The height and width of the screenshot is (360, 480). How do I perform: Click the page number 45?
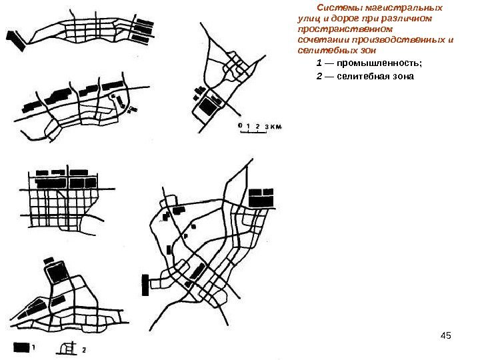[446, 335]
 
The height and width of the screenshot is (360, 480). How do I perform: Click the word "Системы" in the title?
[339, 7]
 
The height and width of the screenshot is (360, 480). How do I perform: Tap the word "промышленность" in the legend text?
[378, 63]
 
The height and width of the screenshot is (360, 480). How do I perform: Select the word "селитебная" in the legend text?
[361, 76]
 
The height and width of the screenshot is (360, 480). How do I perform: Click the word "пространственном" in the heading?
[345, 29]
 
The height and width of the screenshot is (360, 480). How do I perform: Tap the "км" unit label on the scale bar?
[276, 127]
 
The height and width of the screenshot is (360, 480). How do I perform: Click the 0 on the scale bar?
[240, 125]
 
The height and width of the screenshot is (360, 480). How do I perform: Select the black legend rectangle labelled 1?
[21, 347]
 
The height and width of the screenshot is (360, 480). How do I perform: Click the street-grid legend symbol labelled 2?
[67, 348]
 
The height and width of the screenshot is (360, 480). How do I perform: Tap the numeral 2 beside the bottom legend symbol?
[84, 350]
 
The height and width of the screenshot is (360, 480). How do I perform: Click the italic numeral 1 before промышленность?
[319, 63]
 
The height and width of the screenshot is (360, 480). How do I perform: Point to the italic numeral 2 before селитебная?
[319, 76]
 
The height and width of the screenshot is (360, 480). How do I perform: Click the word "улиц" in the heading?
[309, 19]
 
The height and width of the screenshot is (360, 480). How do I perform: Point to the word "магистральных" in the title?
[404, 7]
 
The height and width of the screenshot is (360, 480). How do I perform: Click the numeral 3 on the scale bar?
[267, 127]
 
